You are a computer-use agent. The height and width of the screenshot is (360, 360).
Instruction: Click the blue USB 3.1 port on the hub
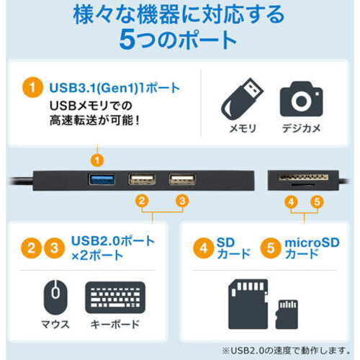[x=102, y=180]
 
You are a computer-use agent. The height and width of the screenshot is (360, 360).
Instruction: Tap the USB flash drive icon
[x=242, y=99]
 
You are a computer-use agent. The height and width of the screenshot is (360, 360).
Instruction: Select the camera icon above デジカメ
[x=301, y=99]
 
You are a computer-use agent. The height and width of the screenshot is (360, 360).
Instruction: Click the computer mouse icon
[x=55, y=297]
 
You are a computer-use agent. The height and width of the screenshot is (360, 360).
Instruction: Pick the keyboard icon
[x=115, y=297]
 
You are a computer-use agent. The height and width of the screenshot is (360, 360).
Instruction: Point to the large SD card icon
[x=248, y=304]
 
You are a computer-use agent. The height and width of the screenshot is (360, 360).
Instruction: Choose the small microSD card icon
[x=287, y=314]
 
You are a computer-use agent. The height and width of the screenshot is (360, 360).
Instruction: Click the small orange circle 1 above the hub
[x=97, y=161]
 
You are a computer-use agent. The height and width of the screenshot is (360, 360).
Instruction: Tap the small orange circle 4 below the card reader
[x=291, y=202]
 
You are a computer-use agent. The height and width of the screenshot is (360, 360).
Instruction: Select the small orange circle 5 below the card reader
[x=317, y=202]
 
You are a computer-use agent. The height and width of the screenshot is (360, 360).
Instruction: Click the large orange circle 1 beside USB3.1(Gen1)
[x=32, y=87]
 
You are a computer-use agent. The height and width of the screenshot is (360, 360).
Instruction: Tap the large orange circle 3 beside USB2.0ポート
[x=55, y=248]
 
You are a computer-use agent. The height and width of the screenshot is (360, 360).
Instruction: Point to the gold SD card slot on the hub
[x=303, y=178]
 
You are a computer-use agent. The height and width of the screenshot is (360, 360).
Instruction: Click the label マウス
[x=55, y=325]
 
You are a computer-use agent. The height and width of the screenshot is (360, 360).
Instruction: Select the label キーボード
[x=115, y=325]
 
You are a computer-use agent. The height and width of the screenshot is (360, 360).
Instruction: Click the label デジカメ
[x=301, y=128]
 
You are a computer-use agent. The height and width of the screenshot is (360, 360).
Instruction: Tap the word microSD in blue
[x=312, y=243]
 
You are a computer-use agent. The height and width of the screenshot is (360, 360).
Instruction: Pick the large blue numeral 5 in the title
[x=127, y=40]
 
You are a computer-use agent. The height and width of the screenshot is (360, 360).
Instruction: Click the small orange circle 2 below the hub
[x=142, y=201]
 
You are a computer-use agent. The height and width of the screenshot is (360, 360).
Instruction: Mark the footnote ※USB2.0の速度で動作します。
[x=287, y=351]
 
